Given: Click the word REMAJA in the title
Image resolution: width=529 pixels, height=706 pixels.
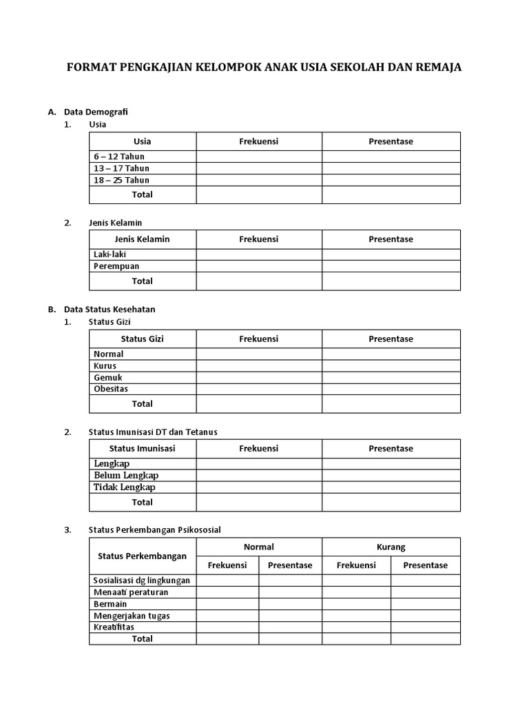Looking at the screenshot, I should pyautogui.click(x=435, y=68).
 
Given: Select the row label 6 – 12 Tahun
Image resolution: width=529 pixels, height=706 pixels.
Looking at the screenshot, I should pyautogui.click(x=119, y=157).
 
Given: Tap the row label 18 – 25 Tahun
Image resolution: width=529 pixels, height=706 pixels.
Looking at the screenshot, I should pyautogui.click(x=121, y=180).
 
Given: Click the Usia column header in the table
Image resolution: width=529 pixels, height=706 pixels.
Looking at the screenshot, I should pyautogui.click(x=143, y=141).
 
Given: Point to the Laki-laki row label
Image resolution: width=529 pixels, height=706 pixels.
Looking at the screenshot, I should pyautogui.click(x=110, y=254).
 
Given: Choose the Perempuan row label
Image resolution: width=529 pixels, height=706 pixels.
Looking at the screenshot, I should pyautogui.click(x=116, y=266).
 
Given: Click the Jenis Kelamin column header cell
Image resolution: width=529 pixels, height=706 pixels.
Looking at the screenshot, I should pyautogui.click(x=143, y=239).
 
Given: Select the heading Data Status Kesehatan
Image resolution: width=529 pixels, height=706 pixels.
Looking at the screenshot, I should pyautogui.click(x=110, y=310).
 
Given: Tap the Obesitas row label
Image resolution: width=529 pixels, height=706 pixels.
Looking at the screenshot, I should pyautogui.click(x=111, y=389).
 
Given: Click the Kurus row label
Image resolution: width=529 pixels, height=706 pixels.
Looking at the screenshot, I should pyautogui.click(x=105, y=365).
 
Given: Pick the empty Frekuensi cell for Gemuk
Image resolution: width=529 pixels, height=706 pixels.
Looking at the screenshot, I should pyautogui.click(x=259, y=378).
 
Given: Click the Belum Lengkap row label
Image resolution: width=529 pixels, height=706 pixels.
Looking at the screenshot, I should pyautogui.click(x=126, y=476).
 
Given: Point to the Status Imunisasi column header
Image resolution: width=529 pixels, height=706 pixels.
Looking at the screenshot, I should pyautogui.click(x=143, y=448).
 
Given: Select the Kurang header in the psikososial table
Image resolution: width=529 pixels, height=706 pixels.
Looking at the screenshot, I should pyautogui.click(x=391, y=547).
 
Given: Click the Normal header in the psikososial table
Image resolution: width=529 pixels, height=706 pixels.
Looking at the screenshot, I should pyautogui.click(x=259, y=547).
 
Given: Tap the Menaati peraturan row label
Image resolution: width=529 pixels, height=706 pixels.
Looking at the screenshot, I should pyautogui.click(x=131, y=592).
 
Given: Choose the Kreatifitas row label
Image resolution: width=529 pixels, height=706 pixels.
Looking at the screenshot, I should pyautogui.click(x=114, y=627).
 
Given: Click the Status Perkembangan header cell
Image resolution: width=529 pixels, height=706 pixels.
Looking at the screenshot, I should pyautogui.click(x=143, y=556).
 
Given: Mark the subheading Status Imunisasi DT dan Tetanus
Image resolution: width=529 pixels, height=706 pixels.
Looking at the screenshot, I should pyautogui.click(x=153, y=432).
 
